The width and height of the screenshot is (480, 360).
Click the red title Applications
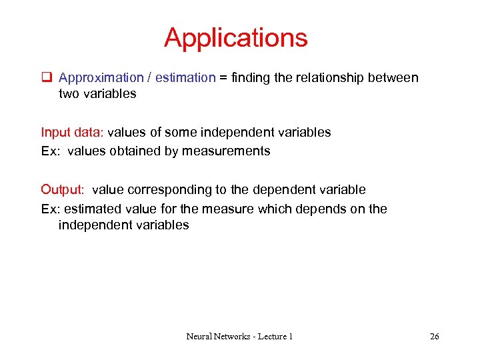tap(236, 38)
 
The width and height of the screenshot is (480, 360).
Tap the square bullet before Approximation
tap(46, 78)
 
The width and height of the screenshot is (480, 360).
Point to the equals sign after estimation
tap(223, 78)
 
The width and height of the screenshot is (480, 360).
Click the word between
tap(394, 78)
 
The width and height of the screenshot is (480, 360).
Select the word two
tap(69, 94)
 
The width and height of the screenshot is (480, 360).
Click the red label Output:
tap(63, 190)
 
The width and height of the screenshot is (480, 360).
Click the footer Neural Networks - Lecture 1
tap(239, 337)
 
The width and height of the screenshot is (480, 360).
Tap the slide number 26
tap(434, 337)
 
